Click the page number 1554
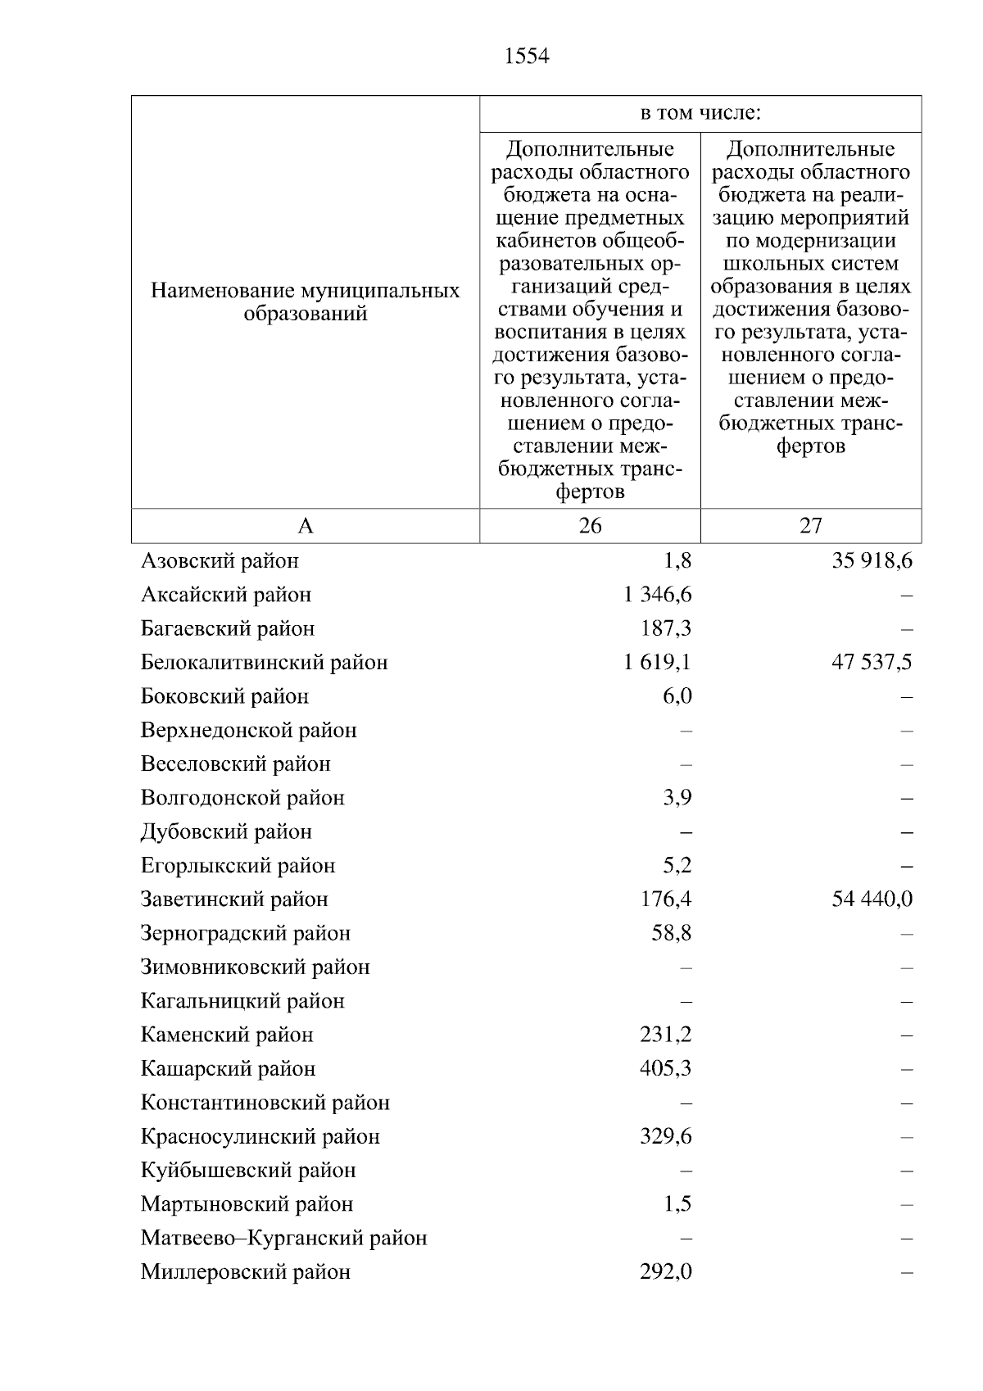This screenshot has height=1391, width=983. click(x=527, y=57)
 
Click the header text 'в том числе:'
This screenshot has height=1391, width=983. click(x=700, y=113)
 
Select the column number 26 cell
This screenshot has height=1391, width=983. click(x=590, y=526)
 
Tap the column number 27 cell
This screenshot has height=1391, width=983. click(x=810, y=526)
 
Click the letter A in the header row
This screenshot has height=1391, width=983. click(x=306, y=526)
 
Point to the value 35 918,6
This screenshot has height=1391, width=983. click(x=872, y=560)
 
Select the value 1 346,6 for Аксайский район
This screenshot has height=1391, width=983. click(x=657, y=594)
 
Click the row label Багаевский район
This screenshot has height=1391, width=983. click(x=228, y=628)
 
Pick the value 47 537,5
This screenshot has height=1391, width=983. click(x=872, y=662)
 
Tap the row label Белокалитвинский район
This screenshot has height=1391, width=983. click(x=264, y=662)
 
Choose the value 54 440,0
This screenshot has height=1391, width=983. click(x=872, y=899)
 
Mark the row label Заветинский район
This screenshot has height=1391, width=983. click(x=234, y=899)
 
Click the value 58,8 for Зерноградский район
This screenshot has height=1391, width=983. click(x=671, y=933)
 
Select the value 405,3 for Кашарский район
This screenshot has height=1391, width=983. click(x=665, y=1069)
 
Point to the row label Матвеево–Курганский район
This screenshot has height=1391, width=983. click(x=283, y=1238)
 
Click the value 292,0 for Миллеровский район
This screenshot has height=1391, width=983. click(x=665, y=1272)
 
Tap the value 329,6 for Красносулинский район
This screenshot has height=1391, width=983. click(x=665, y=1136)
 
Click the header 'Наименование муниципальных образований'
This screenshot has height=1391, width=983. click(x=306, y=302)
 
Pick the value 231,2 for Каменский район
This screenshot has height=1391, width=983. click(x=665, y=1035)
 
